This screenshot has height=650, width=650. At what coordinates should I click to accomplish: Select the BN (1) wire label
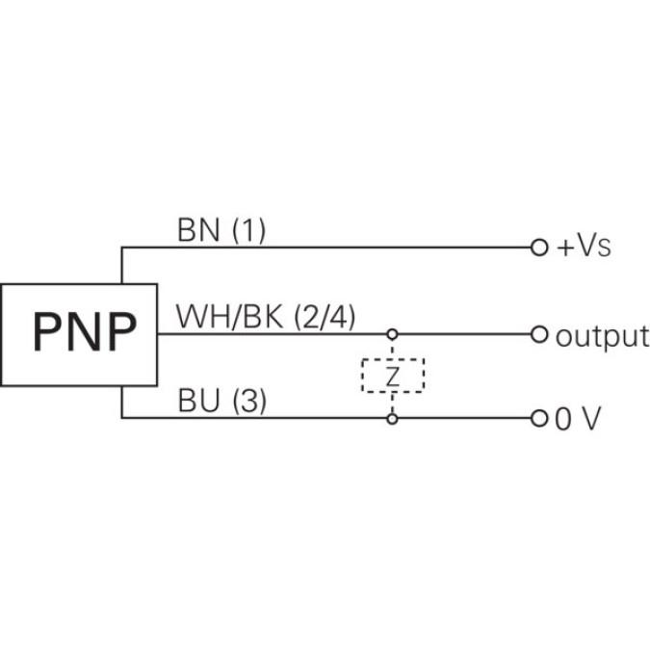click(x=221, y=230)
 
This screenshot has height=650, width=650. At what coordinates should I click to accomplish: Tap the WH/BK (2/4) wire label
click(x=266, y=317)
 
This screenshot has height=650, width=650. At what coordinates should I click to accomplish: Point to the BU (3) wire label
click(x=221, y=401)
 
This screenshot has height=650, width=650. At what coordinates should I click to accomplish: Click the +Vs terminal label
click(x=585, y=247)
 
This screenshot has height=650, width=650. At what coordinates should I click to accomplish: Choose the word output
click(x=602, y=336)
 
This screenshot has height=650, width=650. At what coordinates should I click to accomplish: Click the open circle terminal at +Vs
click(x=539, y=247)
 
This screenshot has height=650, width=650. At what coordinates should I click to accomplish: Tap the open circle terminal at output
click(x=539, y=335)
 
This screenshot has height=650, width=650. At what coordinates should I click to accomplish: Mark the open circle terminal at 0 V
click(x=539, y=420)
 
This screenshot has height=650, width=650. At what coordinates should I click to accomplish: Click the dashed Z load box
click(x=392, y=377)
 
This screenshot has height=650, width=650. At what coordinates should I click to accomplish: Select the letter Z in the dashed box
click(x=392, y=377)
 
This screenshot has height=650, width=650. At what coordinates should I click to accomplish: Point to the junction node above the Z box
click(x=392, y=335)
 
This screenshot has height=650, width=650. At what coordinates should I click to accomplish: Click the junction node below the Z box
click(x=392, y=419)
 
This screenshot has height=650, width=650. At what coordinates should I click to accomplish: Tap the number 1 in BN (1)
click(x=248, y=230)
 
